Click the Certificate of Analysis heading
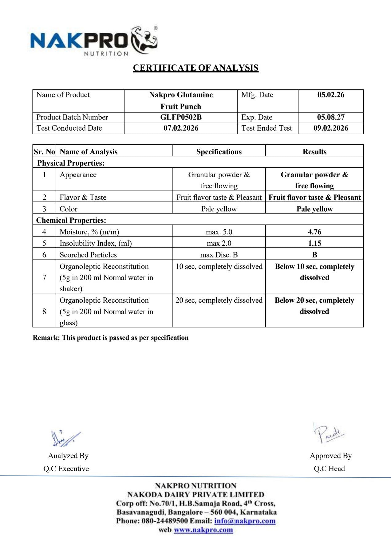(x=195, y=68)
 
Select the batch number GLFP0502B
(x=181, y=117)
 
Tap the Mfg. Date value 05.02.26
(x=331, y=95)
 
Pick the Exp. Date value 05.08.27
(x=331, y=117)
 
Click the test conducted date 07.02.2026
(x=181, y=128)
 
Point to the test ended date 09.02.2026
(x=331, y=128)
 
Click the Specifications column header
(x=219, y=152)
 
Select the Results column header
(x=314, y=152)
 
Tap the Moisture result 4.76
(x=314, y=232)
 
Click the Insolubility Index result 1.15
(x=314, y=243)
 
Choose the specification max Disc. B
(x=219, y=255)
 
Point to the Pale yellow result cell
(x=314, y=209)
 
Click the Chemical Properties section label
(x=71, y=220)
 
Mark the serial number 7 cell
(x=44, y=277)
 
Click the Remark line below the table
(x=111, y=338)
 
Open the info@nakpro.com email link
(x=245, y=521)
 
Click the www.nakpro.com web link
(x=203, y=530)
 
